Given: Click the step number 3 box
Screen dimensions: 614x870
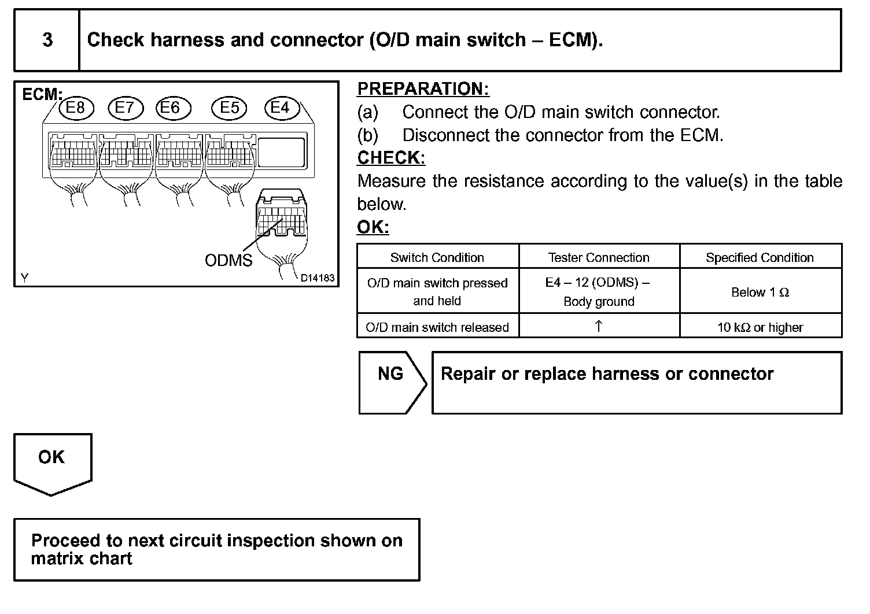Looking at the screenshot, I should point(47,40).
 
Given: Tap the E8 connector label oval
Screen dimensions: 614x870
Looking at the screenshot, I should point(75,108).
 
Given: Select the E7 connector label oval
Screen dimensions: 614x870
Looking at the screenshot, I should point(124,108).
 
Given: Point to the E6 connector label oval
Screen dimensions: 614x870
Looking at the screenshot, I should point(170,108).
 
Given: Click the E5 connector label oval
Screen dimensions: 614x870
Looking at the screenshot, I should point(230,108).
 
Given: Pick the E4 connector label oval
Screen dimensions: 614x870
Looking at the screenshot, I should point(280,108).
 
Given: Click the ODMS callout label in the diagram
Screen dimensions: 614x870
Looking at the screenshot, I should point(228,260).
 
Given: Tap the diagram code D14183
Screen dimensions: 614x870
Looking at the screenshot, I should point(317,278).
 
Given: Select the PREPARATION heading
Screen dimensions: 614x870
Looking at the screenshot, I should point(423,89).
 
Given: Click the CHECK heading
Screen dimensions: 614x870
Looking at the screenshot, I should point(391,158).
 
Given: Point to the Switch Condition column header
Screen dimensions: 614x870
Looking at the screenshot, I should point(437,257).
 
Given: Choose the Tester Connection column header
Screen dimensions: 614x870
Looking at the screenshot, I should point(599,257).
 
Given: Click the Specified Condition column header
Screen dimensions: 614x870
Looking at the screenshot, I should point(760,257).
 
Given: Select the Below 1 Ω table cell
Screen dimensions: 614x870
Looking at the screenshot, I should point(760,292).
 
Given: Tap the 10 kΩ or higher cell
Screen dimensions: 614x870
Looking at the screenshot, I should point(760,327).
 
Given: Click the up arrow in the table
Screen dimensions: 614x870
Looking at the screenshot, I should point(599,326).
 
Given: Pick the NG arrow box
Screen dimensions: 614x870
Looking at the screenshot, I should point(392,382).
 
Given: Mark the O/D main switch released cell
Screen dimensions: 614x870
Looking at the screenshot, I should point(437,327).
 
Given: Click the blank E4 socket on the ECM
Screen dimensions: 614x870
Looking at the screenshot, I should point(281,152).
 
